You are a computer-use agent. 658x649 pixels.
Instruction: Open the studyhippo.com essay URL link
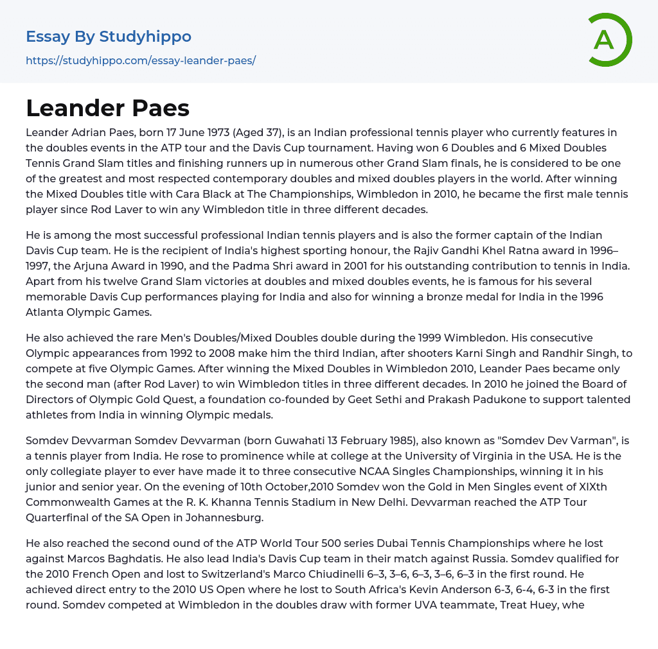pyautogui.click(x=141, y=60)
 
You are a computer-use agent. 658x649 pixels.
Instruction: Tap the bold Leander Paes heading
pyautogui.click(x=107, y=108)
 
